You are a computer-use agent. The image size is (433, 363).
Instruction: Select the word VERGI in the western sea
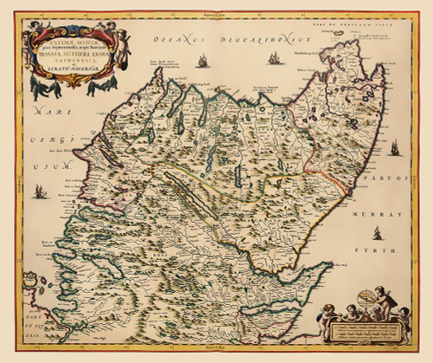coord(42,139)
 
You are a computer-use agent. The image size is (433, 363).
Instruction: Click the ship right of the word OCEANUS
coord(202,61)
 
